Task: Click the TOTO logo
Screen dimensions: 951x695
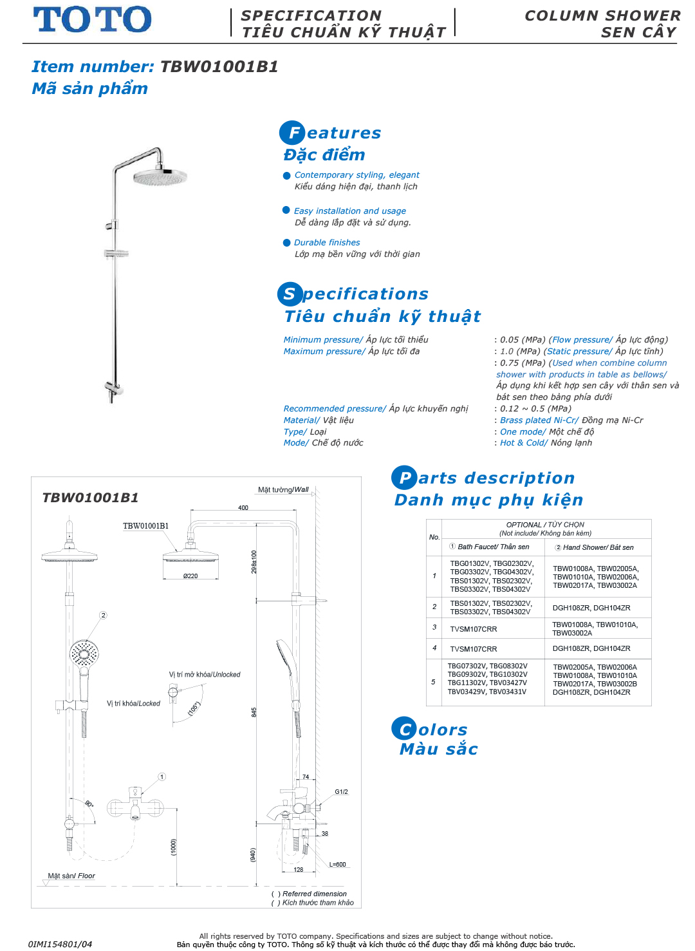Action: click(x=92, y=19)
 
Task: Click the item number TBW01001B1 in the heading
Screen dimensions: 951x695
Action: click(x=219, y=67)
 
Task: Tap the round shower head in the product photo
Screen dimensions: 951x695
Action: click(x=160, y=176)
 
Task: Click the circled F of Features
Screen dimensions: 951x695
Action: click(x=292, y=133)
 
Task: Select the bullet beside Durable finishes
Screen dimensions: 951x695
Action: click(x=287, y=243)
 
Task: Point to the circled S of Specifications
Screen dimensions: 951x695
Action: click(x=290, y=294)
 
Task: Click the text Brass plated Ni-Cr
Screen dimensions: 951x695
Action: click(x=539, y=420)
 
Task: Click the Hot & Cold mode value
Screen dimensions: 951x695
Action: click(x=523, y=443)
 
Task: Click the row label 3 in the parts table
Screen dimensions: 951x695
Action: click(x=434, y=627)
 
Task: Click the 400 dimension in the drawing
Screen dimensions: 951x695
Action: click(x=243, y=508)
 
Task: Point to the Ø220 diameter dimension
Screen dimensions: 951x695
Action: click(x=190, y=576)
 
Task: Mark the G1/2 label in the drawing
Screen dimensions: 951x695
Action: click(x=341, y=792)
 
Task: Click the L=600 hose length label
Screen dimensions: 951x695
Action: click(x=338, y=865)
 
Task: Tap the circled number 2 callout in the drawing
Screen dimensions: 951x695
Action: click(x=103, y=616)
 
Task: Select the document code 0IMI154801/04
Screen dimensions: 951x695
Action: click(x=60, y=945)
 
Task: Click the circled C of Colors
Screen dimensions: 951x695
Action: click(x=404, y=729)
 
